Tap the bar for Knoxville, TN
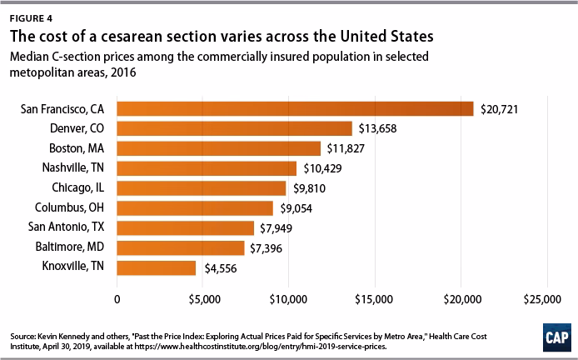156,267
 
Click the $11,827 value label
347,148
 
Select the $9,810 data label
310,188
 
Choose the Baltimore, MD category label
72,247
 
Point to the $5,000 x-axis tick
203,298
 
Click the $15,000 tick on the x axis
375,298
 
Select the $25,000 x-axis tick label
547,298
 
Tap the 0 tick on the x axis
117,298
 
